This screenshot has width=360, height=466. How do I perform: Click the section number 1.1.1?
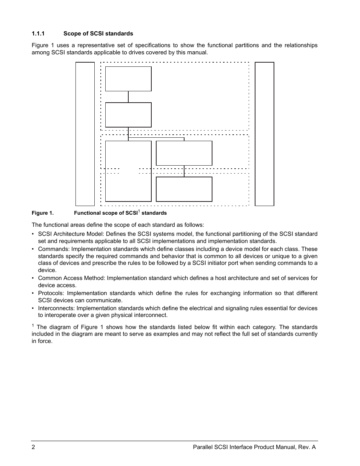38,34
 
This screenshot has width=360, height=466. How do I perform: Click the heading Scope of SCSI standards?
98,34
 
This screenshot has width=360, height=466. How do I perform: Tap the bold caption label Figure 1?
43,213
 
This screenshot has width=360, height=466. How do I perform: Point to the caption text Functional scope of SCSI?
106,213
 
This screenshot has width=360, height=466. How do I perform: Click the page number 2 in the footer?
34,447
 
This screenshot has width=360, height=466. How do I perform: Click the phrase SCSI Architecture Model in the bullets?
71,234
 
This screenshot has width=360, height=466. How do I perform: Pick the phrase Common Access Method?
71,278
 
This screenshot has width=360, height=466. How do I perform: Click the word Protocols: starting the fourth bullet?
51,293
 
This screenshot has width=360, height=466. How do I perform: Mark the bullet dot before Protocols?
33,293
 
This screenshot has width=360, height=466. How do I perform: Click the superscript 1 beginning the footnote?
33,326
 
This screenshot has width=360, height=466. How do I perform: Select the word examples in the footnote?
161,334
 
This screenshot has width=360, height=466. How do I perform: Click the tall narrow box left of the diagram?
85,134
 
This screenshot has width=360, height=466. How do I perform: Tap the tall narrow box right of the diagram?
265,134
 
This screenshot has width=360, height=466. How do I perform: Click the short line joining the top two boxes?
128,97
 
